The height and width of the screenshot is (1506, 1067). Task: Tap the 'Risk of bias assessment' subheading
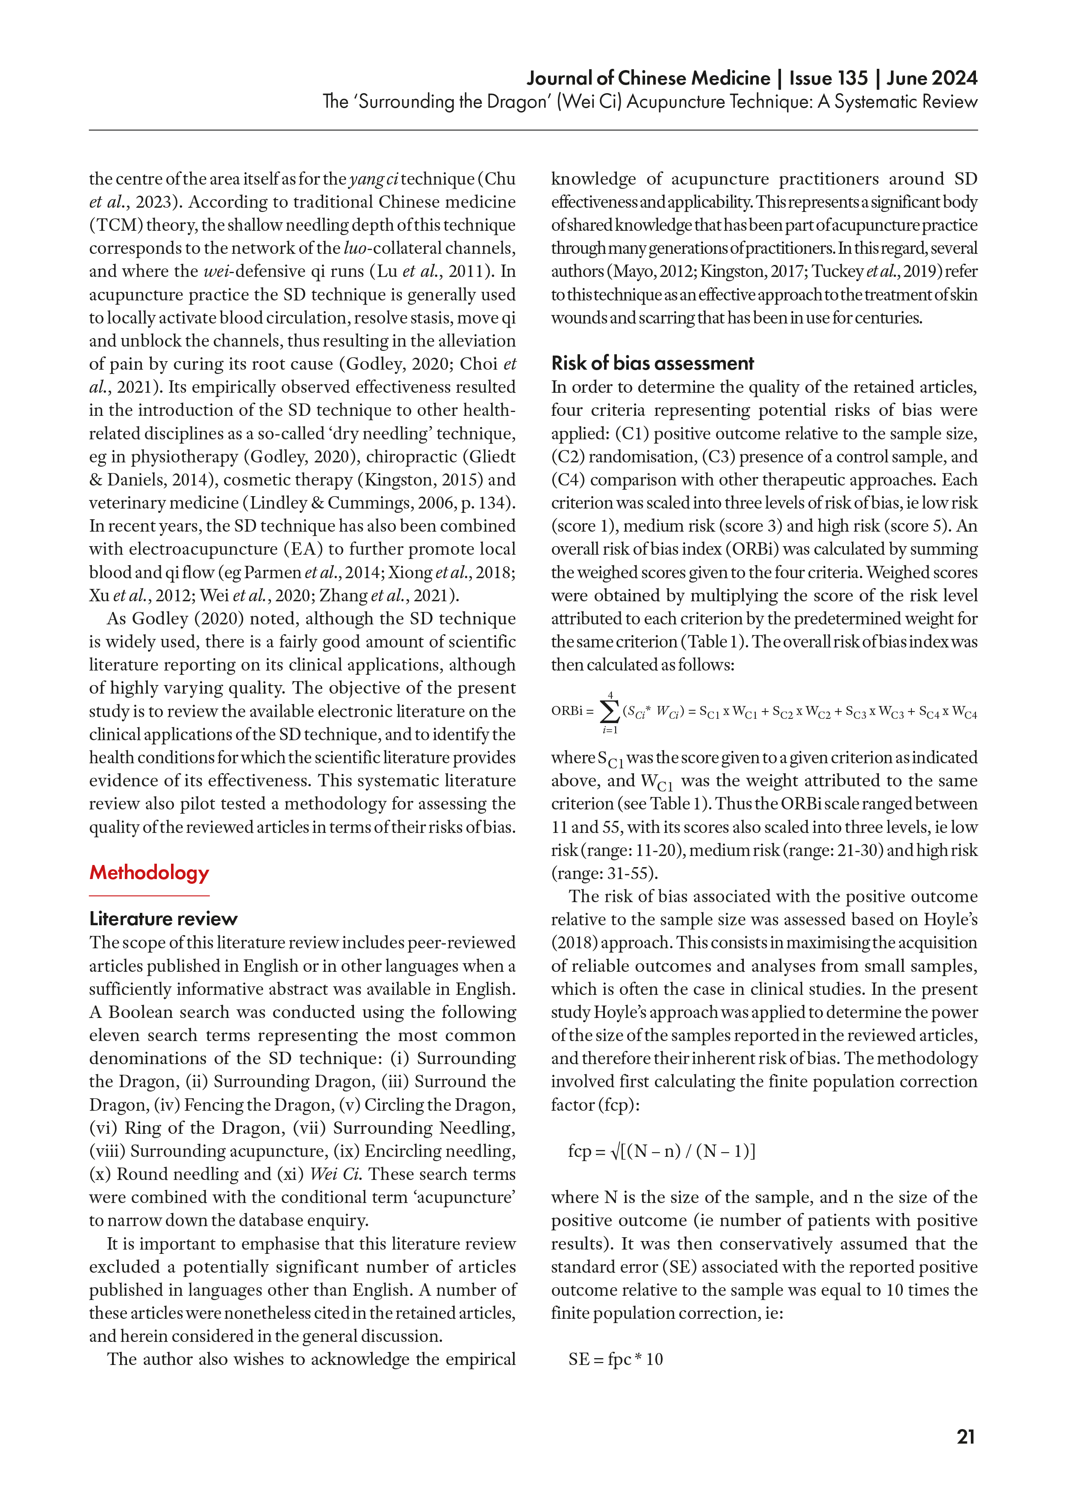(x=652, y=363)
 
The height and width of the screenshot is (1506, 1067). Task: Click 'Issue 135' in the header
(x=828, y=78)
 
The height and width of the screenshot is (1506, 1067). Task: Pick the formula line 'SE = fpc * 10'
(x=616, y=1359)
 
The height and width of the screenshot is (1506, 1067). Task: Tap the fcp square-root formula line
(x=662, y=1151)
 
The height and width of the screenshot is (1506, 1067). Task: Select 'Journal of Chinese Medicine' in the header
(x=648, y=78)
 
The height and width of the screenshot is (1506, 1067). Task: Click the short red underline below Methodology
(x=149, y=896)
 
